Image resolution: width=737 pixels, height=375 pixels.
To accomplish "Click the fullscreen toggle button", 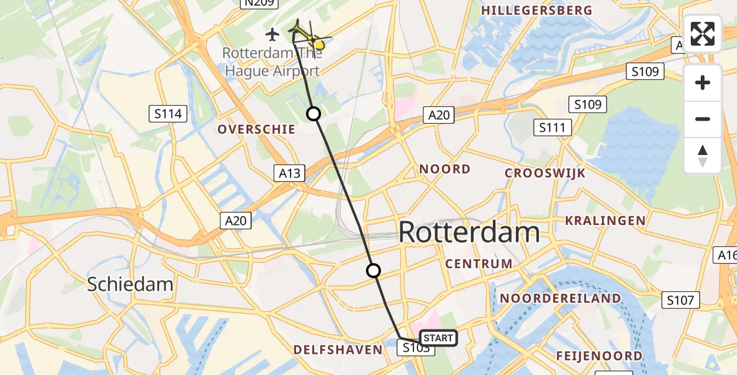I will pos(703,33).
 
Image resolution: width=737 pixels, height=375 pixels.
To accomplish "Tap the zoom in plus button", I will pos(703,82).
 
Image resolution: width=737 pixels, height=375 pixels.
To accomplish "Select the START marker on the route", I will pos(438,338).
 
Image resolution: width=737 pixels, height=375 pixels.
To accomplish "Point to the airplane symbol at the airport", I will pos(272,34).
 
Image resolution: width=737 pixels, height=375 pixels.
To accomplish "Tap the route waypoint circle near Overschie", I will pos(314,114).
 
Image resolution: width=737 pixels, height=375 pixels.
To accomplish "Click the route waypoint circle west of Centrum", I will pos(373,271).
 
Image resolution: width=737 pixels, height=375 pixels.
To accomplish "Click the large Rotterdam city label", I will pos(468,232).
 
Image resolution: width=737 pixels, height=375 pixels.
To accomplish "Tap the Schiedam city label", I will pos(130,284).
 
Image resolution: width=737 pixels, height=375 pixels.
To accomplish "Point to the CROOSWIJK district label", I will pos(545,173).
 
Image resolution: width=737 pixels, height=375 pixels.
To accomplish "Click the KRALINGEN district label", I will pos(605,220).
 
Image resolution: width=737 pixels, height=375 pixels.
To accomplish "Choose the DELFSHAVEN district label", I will pos(337,349).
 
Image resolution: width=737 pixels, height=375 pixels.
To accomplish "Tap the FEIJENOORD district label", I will pos(599,356).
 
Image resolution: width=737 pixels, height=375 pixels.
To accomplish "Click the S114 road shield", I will pos(169,114).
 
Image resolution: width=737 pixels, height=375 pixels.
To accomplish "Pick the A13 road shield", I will pos(290,173).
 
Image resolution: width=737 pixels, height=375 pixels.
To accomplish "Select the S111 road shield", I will pos(553,128).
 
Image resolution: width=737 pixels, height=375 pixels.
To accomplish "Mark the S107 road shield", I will pos(680,301).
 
